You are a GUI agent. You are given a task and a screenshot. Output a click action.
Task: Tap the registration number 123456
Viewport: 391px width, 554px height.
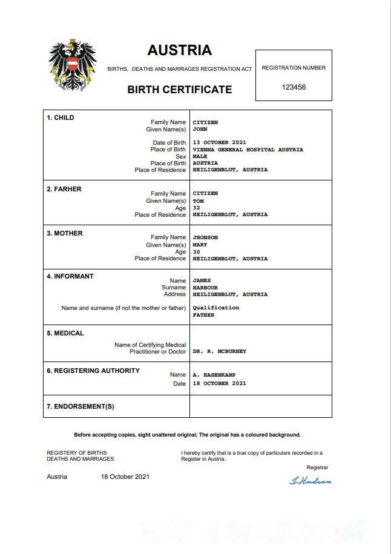tap(294, 87)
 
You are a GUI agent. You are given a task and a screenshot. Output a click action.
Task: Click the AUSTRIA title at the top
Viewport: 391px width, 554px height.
tap(179, 50)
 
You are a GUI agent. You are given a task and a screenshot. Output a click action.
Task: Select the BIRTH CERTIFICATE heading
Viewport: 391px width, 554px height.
tap(179, 90)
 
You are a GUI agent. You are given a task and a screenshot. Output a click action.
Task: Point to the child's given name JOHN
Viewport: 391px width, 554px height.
tap(200, 130)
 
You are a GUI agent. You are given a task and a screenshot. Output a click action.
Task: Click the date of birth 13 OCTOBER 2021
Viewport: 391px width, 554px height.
tap(219, 143)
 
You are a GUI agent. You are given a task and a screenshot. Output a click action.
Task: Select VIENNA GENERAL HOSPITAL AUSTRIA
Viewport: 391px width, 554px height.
tap(248, 150)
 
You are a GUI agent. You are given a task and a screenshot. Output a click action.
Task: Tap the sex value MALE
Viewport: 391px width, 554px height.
tap(200, 156)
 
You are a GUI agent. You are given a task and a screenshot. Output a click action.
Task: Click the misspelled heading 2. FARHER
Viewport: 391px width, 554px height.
tap(64, 189)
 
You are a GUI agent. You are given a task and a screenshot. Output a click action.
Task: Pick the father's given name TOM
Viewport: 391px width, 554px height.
tap(198, 201)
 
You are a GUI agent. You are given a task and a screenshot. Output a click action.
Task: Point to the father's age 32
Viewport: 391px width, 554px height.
tap(196, 208)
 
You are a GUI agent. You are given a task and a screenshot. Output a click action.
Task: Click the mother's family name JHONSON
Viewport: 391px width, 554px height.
tap(206, 237)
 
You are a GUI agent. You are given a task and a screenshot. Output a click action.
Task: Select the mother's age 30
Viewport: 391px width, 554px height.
tap(196, 252)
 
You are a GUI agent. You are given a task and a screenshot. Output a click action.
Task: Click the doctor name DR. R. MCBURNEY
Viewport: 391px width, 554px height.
tap(219, 351)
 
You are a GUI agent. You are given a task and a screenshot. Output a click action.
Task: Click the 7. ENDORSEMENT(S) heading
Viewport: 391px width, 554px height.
tap(80, 406)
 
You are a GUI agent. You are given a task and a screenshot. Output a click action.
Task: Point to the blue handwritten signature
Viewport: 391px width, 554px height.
tap(310, 481)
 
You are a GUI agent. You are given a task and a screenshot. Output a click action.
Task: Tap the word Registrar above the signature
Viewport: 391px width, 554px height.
tap(317, 467)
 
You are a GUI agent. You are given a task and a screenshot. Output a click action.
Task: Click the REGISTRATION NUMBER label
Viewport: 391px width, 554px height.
tap(294, 68)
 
